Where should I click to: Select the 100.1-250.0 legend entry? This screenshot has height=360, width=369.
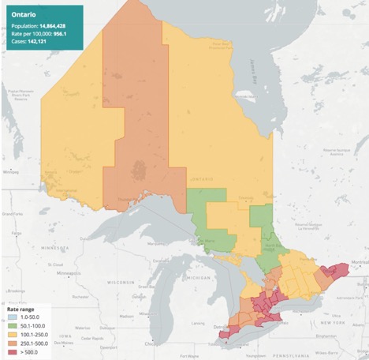coord(32,336)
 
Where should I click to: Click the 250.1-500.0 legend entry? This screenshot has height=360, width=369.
coord(32,344)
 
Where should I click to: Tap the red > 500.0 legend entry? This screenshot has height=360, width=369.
coord(28,353)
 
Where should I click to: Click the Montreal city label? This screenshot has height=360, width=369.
coord(359,262)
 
